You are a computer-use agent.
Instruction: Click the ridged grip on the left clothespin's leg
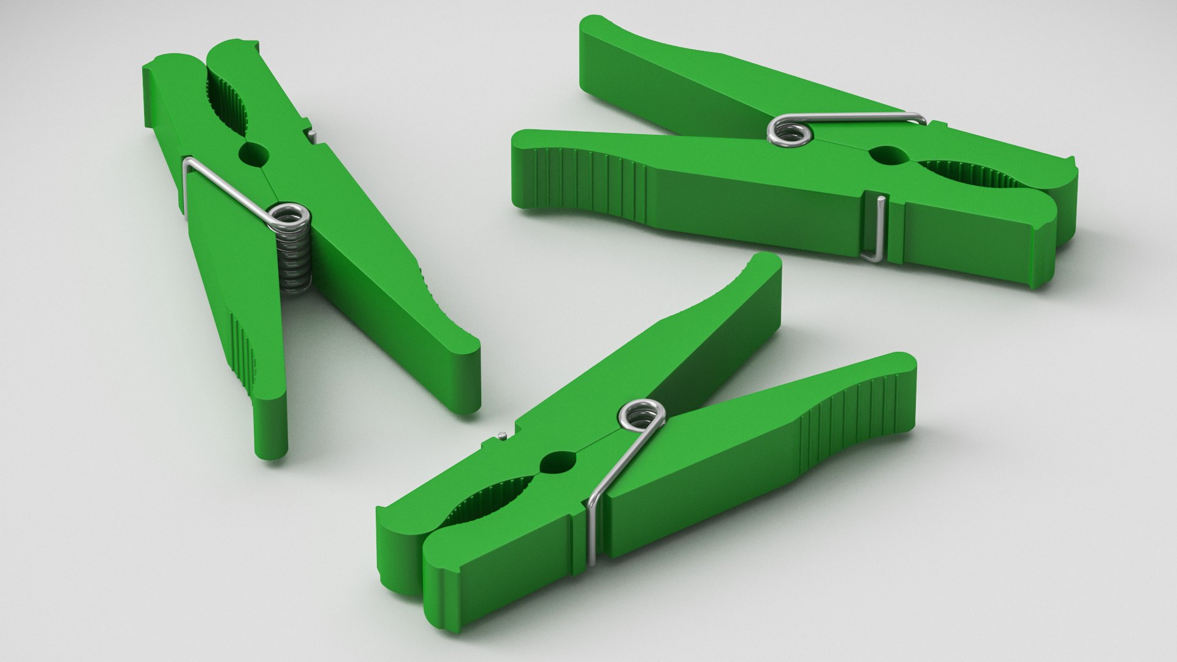click(243, 349)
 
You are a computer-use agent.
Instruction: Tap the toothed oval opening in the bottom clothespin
click(484, 500)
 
